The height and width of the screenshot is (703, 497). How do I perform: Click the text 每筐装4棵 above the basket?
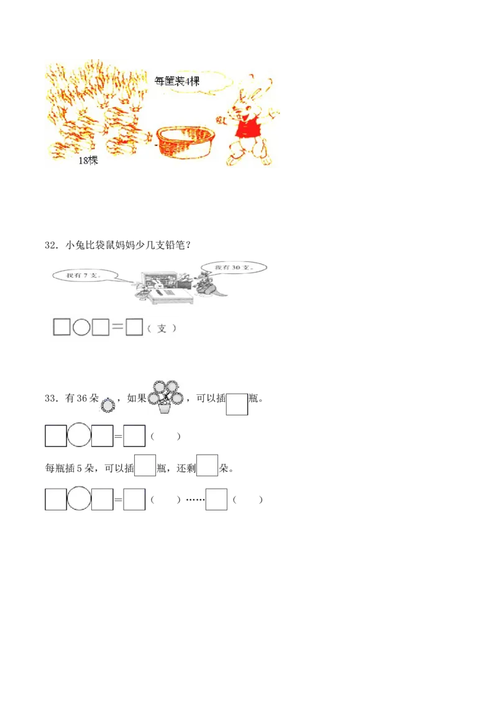(177, 81)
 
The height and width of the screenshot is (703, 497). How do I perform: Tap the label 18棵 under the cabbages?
(88, 160)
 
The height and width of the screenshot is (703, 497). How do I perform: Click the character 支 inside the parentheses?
(162, 328)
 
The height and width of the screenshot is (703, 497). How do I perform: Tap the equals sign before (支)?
(117, 327)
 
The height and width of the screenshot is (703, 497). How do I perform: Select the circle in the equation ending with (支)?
(81, 327)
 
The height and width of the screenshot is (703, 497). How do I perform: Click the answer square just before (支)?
(134, 327)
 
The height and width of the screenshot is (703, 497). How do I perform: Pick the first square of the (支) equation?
(62, 327)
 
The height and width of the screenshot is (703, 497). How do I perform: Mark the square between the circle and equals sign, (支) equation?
(100, 327)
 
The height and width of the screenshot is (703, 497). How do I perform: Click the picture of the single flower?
(107, 406)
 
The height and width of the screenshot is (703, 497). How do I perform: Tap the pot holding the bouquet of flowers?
(165, 409)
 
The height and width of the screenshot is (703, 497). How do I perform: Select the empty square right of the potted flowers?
(237, 405)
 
